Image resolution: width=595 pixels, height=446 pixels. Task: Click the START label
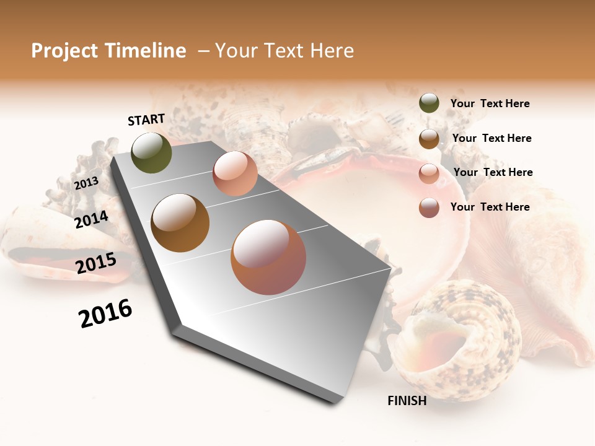click(x=146, y=120)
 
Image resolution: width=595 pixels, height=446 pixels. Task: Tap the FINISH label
click(x=407, y=401)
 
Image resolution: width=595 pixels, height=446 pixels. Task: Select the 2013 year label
click(x=86, y=183)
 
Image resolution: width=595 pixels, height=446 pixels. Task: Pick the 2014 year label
click(x=91, y=219)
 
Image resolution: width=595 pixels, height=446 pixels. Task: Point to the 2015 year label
click(x=96, y=263)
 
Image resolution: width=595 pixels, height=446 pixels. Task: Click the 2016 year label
click(x=105, y=313)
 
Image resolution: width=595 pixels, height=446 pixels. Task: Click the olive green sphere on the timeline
click(x=152, y=152)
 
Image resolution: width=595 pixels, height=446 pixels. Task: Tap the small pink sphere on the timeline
click(x=235, y=173)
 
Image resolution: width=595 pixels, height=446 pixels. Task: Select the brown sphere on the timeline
click(x=180, y=223)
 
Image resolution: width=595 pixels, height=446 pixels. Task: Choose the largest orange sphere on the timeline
click(x=268, y=257)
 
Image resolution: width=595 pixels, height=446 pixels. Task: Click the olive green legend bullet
click(x=429, y=103)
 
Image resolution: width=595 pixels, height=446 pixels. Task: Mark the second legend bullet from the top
click(x=429, y=139)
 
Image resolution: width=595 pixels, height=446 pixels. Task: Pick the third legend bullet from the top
click(x=429, y=173)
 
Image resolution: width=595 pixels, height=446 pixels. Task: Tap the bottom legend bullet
click(x=429, y=208)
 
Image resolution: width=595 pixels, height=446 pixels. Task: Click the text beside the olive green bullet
click(x=490, y=104)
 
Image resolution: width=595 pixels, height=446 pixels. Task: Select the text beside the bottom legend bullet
click(x=490, y=207)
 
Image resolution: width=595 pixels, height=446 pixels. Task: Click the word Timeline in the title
click(x=145, y=51)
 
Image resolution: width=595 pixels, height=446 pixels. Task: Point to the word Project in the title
click(x=64, y=51)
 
